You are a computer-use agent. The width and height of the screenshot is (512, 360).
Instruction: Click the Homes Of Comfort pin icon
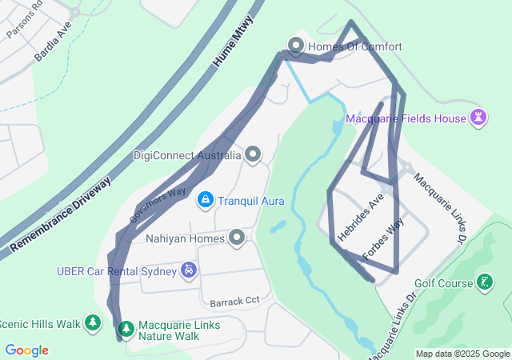pos(295,46)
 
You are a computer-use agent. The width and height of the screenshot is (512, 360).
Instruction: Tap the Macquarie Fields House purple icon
pos(478,118)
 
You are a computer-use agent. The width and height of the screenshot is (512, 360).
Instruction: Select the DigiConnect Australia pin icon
pos(254,154)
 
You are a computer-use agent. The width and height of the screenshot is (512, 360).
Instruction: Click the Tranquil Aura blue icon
pos(206,198)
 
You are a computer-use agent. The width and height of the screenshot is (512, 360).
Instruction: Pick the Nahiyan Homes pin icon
pos(238,238)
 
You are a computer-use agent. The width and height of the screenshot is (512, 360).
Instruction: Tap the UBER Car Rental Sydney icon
pos(188,270)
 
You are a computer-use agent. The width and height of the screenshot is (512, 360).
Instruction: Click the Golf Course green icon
pos(484,282)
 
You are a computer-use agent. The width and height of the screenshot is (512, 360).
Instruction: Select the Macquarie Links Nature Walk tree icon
pos(126,328)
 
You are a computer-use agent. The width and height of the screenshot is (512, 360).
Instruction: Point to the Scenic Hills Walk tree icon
pos(94,323)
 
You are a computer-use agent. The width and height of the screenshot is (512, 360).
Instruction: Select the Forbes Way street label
pos(383,238)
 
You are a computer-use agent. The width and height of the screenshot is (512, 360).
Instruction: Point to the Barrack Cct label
pos(235,302)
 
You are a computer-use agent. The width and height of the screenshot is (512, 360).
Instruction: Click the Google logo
pos(26,350)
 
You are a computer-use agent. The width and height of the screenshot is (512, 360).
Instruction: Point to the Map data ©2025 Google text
pos(462,354)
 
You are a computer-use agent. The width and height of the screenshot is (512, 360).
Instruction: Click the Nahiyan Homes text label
pos(185,238)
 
